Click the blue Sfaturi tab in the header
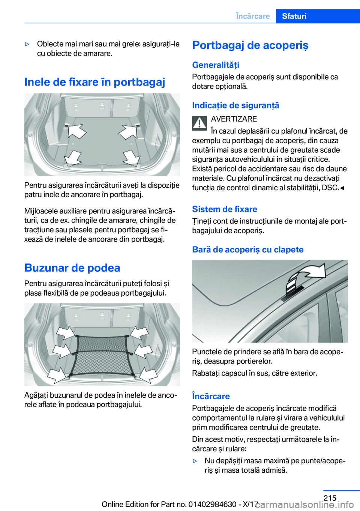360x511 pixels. (318, 16)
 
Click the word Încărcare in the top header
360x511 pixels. (253, 16)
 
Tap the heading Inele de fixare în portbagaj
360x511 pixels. (94, 82)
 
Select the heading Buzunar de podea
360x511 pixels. (72, 268)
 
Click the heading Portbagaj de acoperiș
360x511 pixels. (250, 45)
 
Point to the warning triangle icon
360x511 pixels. (199, 123)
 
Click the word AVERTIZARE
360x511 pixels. (234, 119)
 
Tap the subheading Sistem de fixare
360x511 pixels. (225, 209)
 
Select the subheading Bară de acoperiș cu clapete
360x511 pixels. (248, 249)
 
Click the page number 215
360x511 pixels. (330, 497)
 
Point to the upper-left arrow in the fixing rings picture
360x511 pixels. (76, 131)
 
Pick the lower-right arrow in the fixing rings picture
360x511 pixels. (132, 157)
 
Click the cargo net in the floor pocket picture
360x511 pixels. (102, 356)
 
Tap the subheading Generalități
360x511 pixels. (216, 65)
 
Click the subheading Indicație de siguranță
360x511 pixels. (235, 105)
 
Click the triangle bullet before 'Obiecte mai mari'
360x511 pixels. (27, 44)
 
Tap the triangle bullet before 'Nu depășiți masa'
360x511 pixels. (195, 461)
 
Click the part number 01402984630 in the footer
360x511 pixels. (212, 504)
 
